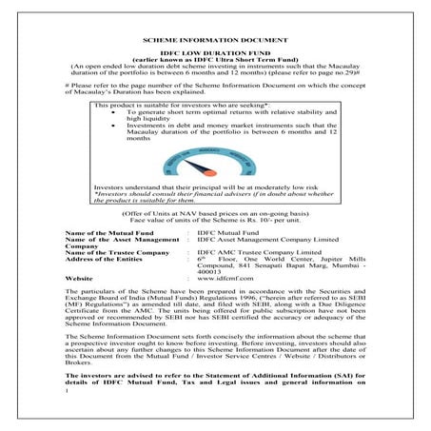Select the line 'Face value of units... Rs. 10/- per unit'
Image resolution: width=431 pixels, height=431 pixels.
pos(215,220)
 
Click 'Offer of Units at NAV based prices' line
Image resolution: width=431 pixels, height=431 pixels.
pos(215,213)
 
